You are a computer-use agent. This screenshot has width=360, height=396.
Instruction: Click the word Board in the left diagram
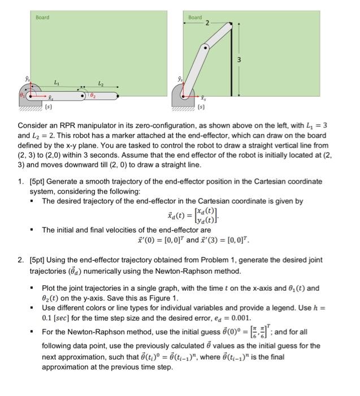click(42, 18)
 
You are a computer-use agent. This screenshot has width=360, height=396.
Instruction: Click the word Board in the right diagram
click(195, 18)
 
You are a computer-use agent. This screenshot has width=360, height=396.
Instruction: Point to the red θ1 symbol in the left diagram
click(23, 95)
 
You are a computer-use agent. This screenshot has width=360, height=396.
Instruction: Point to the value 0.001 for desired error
click(220, 318)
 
